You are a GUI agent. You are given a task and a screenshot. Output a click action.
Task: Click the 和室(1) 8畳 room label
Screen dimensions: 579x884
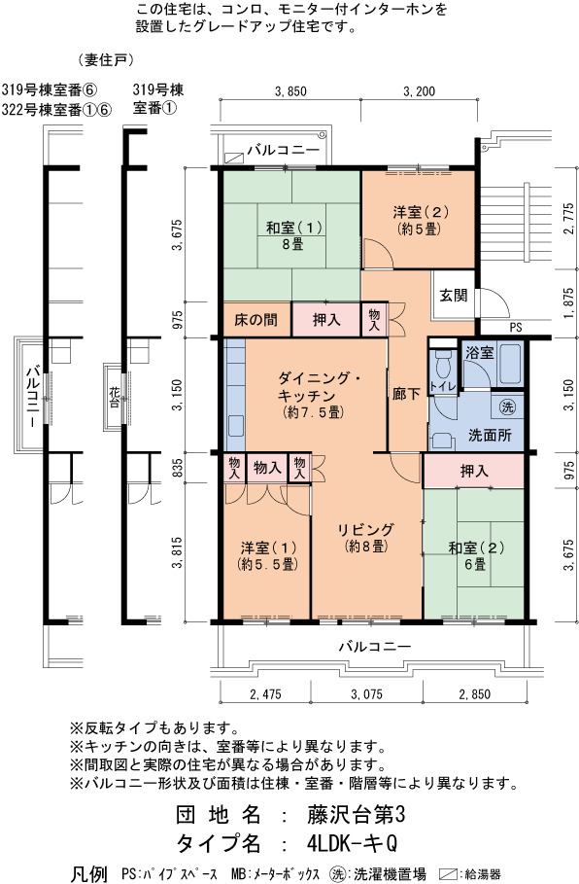pyautogui.click(x=293, y=235)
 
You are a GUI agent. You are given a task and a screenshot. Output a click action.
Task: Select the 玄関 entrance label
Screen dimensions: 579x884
pyautogui.click(x=454, y=295)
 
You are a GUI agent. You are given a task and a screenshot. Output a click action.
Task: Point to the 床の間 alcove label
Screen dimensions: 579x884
pyautogui.click(x=255, y=320)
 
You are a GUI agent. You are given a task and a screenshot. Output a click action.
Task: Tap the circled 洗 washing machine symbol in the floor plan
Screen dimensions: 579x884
pyautogui.click(x=507, y=407)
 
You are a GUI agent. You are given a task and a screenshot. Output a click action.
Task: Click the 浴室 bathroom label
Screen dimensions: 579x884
pyautogui.click(x=479, y=353)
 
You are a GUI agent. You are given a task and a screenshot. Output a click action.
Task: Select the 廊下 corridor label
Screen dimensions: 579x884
pyautogui.click(x=406, y=393)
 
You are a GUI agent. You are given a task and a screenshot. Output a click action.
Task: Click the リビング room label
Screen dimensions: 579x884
pyautogui.click(x=365, y=537)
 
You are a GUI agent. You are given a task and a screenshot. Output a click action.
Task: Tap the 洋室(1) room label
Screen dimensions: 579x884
pyautogui.click(x=269, y=555)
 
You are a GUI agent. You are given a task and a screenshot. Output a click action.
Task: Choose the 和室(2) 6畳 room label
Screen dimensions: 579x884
pyautogui.click(x=476, y=555)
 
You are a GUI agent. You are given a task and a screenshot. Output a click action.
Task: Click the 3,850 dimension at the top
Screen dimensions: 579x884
pyautogui.click(x=290, y=90)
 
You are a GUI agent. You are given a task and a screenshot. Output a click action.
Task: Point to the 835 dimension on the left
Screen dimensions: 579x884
pyautogui.click(x=177, y=468)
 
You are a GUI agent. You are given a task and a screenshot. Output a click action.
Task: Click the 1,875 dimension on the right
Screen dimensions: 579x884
pyautogui.click(x=569, y=303)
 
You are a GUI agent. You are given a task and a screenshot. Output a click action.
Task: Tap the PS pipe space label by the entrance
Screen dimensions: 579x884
pyautogui.click(x=515, y=328)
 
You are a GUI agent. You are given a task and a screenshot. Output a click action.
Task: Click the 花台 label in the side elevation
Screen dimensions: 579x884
pyautogui.click(x=114, y=397)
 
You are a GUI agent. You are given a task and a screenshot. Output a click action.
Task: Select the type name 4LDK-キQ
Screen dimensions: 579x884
pyautogui.click(x=353, y=843)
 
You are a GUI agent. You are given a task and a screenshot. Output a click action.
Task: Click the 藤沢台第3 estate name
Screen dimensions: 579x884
pyautogui.click(x=356, y=814)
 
